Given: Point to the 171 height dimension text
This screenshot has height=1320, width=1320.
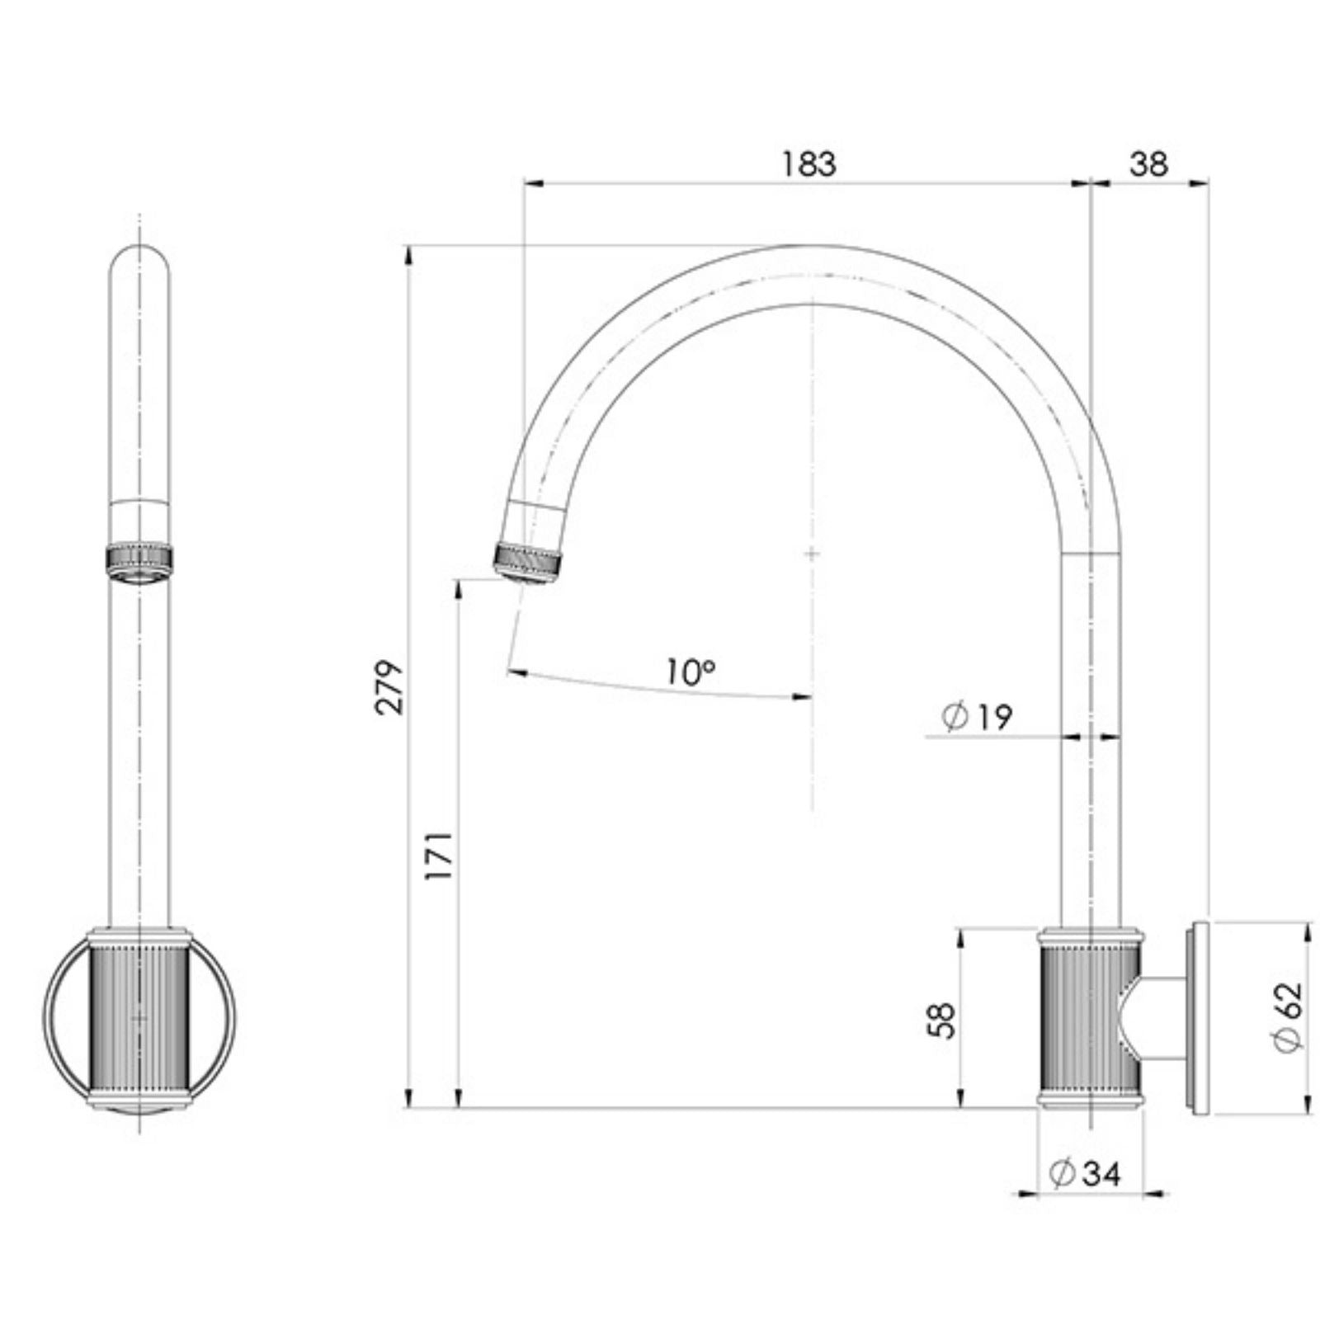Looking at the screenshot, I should point(438,856).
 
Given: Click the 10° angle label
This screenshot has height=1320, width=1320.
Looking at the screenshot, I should point(691,672).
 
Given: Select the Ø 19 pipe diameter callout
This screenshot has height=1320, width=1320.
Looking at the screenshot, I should point(977,717).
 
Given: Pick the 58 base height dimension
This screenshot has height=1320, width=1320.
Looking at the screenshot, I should point(941,1021).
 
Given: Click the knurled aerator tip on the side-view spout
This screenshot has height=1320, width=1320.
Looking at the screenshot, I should point(529,563).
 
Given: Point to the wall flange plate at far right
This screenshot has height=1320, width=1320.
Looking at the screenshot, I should point(1198,1019).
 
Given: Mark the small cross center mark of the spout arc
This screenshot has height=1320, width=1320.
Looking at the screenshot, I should point(812,553).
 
